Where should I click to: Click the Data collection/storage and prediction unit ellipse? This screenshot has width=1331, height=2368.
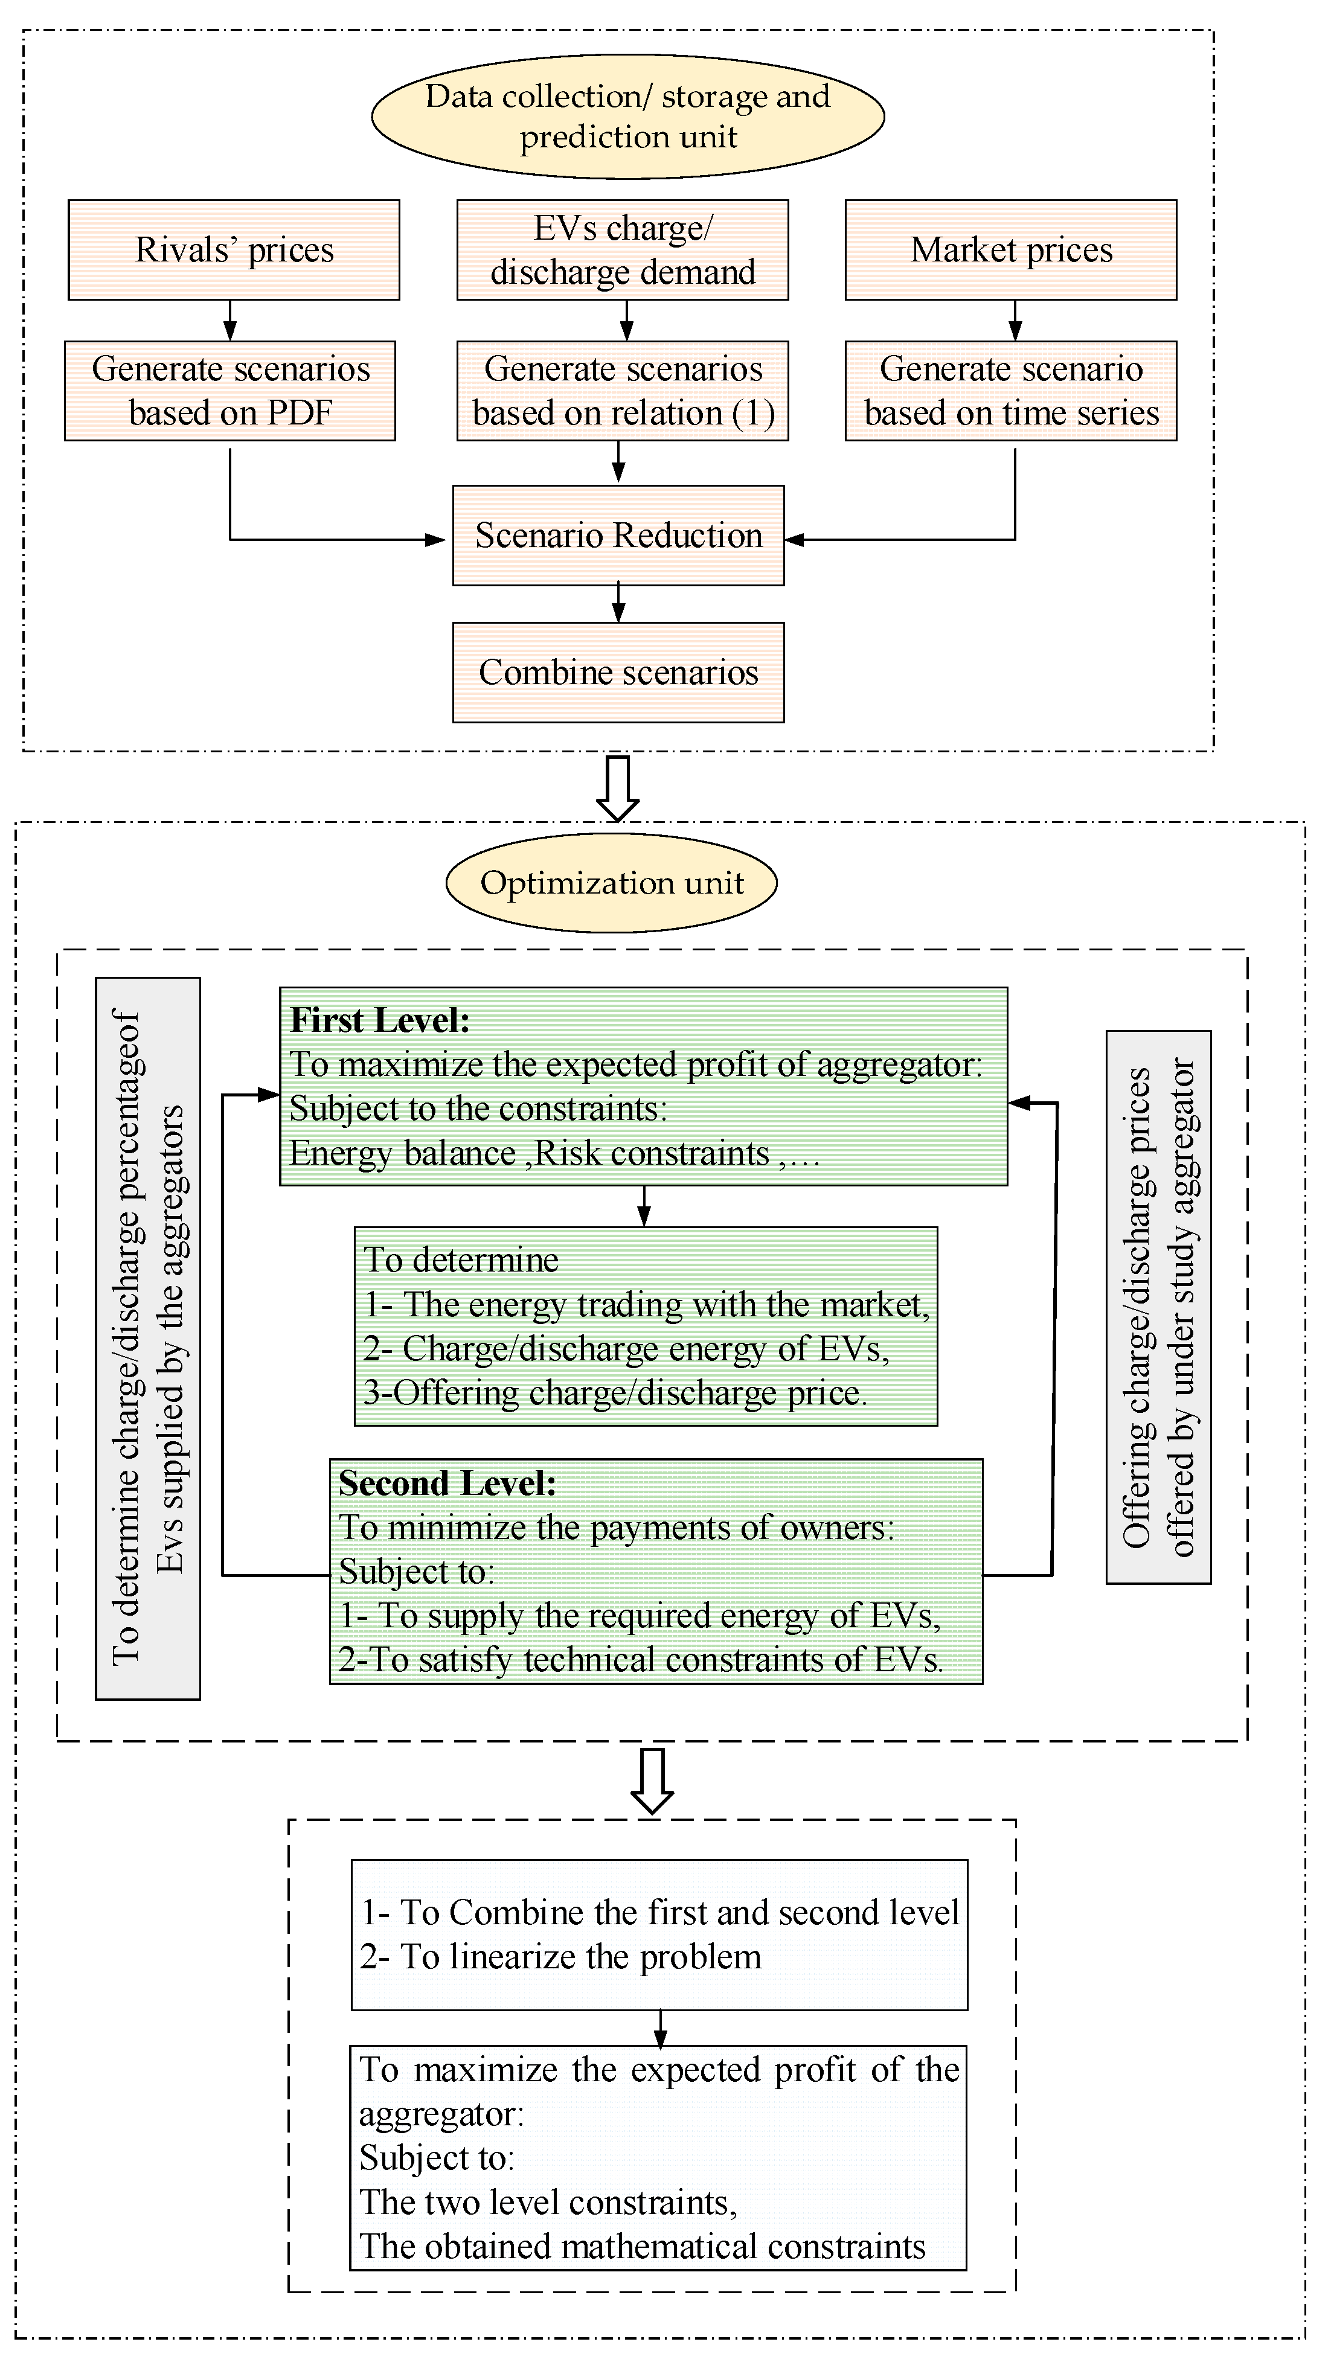pyautogui.click(x=628, y=117)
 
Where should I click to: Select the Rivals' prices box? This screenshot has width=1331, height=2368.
pyautogui.click(x=234, y=250)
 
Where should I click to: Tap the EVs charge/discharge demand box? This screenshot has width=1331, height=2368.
pyautogui.click(x=622, y=250)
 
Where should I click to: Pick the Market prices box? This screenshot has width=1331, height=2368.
pyautogui.click(x=1010, y=250)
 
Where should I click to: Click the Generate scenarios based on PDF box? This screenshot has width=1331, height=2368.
pyautogui.click(x=230, y=391)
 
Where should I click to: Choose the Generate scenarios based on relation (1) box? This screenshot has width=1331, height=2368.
pyautogui.click(x=622, y=391)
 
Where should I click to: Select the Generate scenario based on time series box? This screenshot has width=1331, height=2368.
pyautogui.click(x=1010, y=391)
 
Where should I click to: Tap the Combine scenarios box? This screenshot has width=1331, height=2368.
pyautogui.click(x=618, y=673)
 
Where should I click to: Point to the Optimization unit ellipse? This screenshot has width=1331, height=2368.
pyautogui.click(x=611, y=883)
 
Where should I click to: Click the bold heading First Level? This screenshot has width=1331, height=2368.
pyautogui.click(x=380, y=1020)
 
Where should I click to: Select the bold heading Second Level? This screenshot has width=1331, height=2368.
pyautogui.click(x=447, y=1483)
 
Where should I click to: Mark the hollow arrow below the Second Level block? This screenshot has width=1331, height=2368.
pyautogui.click(x=653, y=1781)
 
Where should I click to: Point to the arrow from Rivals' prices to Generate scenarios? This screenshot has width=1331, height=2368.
pyautogui.click(x=231, y=321)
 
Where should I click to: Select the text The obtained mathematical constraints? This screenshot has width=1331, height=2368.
pyautogui.click(x=641, y=2247)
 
